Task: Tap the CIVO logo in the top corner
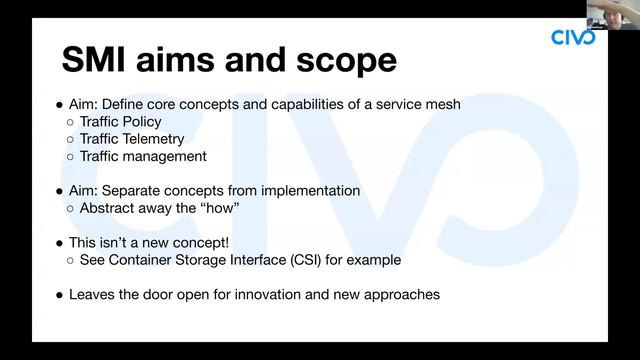point(573,38)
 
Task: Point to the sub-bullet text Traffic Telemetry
point(132,139)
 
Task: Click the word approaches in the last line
point(403,295)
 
